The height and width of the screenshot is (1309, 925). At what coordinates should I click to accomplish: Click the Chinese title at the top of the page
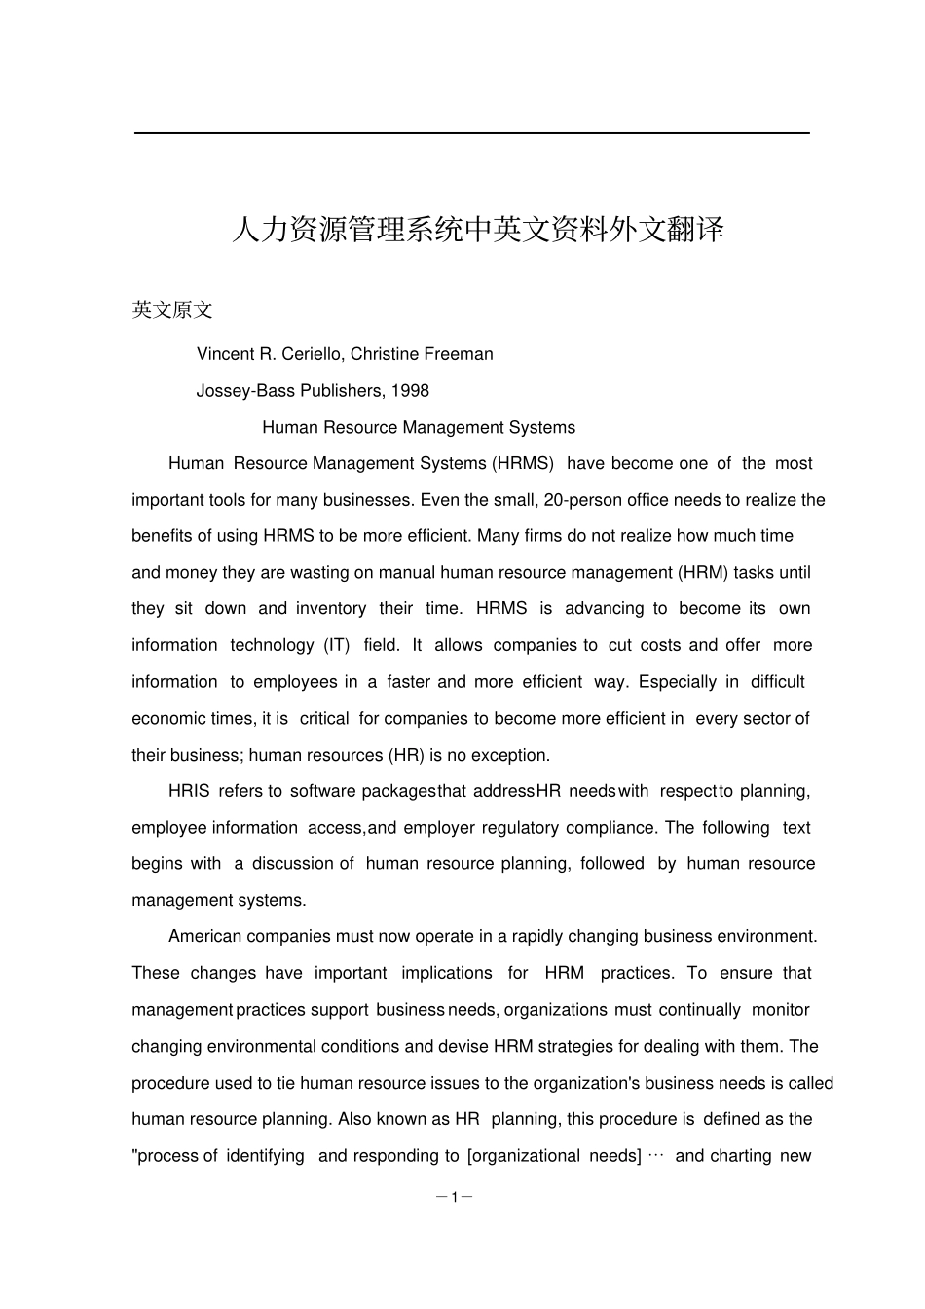click(x=477, y=231)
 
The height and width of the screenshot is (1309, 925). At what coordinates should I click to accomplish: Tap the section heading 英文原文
click(x=172, y=310)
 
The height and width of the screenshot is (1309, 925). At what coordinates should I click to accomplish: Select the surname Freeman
click(x=461, y=354)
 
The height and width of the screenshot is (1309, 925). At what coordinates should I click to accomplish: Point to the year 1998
click(x=409, y=391)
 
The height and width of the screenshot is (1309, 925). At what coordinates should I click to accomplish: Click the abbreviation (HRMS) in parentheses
click(x=523, y=464)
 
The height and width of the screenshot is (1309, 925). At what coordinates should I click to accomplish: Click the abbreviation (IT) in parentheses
click(x=336, y=645)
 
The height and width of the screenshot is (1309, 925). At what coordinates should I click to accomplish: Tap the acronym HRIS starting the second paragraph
click(x=189, y=791)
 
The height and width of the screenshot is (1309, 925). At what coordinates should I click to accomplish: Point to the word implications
click(x=447, y=973)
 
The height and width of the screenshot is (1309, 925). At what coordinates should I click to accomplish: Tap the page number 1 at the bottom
click(x=454, y=1197)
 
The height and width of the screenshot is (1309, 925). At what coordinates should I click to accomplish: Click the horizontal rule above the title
click(x=471, y=133)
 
